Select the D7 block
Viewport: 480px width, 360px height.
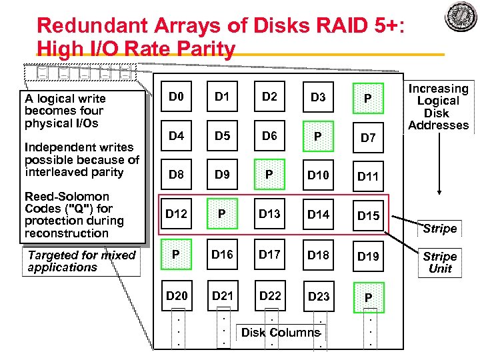[368, 137]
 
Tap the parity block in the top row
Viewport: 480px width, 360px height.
[368, 98]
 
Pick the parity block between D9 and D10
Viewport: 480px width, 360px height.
[269, 175]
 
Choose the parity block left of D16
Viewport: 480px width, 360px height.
[176, 255]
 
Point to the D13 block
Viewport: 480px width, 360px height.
[269, 214]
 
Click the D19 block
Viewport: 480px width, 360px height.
[368, 256]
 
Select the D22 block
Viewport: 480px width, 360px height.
[269, 295]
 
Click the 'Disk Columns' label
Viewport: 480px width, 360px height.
[281, 333]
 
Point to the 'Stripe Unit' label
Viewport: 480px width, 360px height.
[439, 262]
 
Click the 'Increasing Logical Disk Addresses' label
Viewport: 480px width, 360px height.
[438, 107]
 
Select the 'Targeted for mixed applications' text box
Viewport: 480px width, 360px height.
[81, 261]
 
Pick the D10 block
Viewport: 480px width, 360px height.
[318, 175]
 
